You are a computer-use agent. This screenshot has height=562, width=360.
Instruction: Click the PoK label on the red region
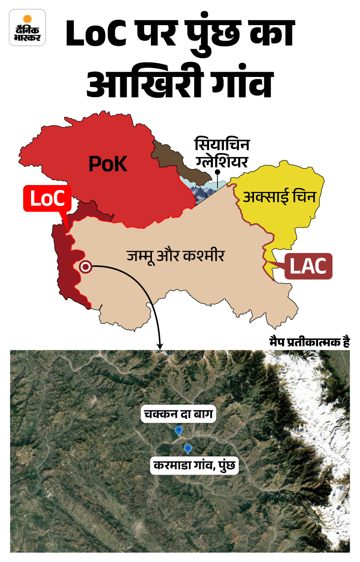(108, 164)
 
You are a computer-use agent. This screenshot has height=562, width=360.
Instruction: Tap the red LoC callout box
(47, 198)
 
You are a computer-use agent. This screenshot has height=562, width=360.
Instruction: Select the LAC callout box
(308, 267)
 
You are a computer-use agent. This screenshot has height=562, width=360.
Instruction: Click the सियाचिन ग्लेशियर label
(222, 153)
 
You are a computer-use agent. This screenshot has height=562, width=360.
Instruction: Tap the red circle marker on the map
(86, 267)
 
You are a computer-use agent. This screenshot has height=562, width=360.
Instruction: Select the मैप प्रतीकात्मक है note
(309, 342)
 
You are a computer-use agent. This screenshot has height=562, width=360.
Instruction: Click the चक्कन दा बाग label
(178, 414)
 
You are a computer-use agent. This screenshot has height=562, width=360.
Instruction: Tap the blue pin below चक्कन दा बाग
(179, 431)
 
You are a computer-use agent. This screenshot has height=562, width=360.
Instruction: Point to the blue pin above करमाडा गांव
(187, 448)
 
